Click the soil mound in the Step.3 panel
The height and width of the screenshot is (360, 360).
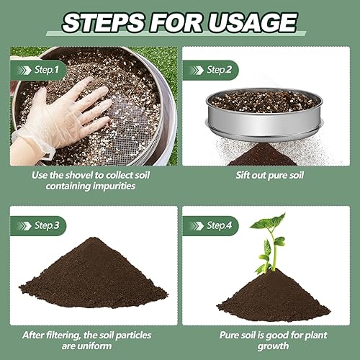click(94, 277)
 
